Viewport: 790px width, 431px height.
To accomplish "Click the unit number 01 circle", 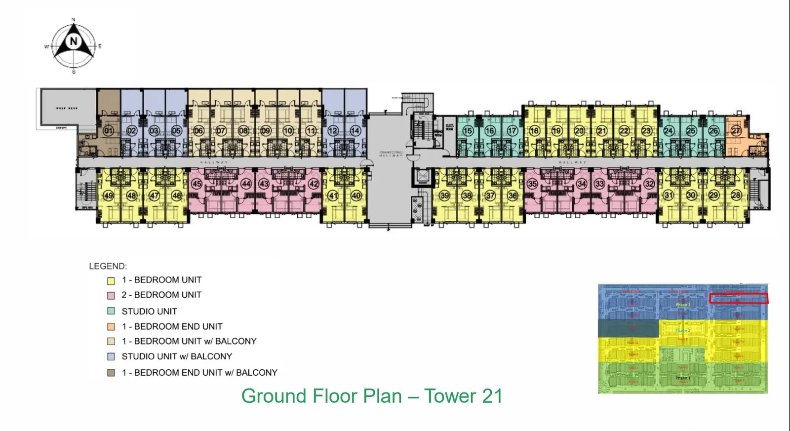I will point(108,131).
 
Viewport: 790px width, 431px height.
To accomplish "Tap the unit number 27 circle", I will point(736,131).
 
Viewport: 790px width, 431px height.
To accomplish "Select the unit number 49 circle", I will point(108,196).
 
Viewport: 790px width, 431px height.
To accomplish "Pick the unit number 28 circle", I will point(736,195).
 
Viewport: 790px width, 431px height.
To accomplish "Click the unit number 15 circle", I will point(468,131).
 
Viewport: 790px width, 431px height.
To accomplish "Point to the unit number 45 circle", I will point(197,184).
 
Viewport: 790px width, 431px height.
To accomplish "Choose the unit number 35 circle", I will point(532,184).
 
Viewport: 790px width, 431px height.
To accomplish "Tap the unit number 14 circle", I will point(355,131).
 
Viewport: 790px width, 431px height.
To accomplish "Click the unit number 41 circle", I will point(333,196).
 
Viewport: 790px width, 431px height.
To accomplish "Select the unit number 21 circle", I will point(601,131).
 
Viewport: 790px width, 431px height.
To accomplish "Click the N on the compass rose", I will point(74,41).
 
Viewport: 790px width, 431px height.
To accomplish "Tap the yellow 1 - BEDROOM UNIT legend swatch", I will point(111,281).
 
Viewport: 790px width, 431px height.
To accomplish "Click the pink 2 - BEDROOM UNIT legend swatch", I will point(111,296).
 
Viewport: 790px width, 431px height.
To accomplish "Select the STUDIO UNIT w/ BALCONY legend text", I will point(177,356).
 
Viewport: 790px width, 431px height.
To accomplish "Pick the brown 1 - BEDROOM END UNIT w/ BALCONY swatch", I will point(111,373).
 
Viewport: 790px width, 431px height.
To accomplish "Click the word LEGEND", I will point(108,266).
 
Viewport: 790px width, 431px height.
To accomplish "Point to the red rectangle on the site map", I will point(739,298).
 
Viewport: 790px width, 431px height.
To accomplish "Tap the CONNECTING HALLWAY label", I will point(391,154).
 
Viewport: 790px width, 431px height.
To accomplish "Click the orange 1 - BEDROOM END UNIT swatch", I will point(111,327).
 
